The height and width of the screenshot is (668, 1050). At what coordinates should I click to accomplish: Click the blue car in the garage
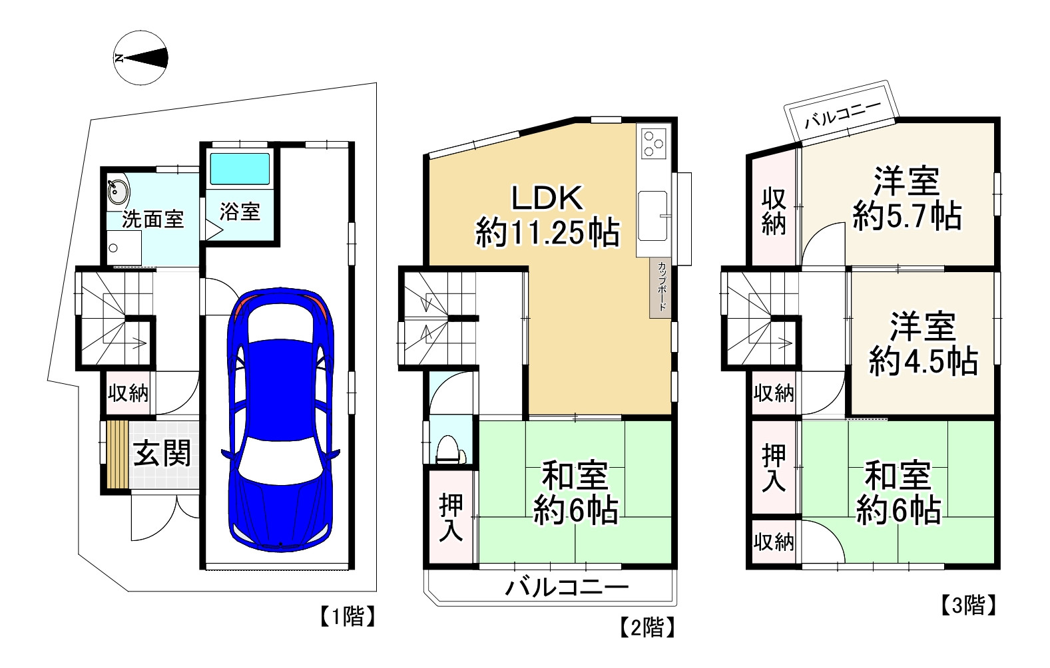click(x=280, y=419)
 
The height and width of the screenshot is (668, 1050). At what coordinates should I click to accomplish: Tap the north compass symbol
click(x=140, y=58)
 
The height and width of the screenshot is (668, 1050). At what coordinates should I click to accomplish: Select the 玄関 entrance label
click(x=162, y=454)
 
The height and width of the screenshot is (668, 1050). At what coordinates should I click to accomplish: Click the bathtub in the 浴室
click(x=240, y=168)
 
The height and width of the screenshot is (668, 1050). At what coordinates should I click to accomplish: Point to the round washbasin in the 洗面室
click(x=118, y=192)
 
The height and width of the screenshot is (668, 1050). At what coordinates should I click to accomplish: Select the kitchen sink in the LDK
click(x=653, y=216)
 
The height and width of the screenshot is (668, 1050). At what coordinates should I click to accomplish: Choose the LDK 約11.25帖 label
click(x=547, y=216)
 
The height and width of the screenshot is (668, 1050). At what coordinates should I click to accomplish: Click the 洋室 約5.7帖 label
click(x=907, y=198)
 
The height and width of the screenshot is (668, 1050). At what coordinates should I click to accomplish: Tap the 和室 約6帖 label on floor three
click(x=898, y=492)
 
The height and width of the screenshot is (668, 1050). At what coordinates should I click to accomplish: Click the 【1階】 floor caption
click(x=348, y=616)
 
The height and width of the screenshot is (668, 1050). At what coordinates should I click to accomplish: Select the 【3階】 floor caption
click(x=969, y=605)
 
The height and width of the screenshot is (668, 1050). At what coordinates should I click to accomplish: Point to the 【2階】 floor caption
click(x=648, y=627)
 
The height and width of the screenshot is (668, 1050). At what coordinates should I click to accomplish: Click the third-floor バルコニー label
click(x=843, y=114)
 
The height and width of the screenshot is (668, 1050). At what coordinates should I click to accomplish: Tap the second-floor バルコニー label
click(x=566, y=587)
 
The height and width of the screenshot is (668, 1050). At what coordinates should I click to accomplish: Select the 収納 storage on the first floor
click(x=128, y=393)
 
